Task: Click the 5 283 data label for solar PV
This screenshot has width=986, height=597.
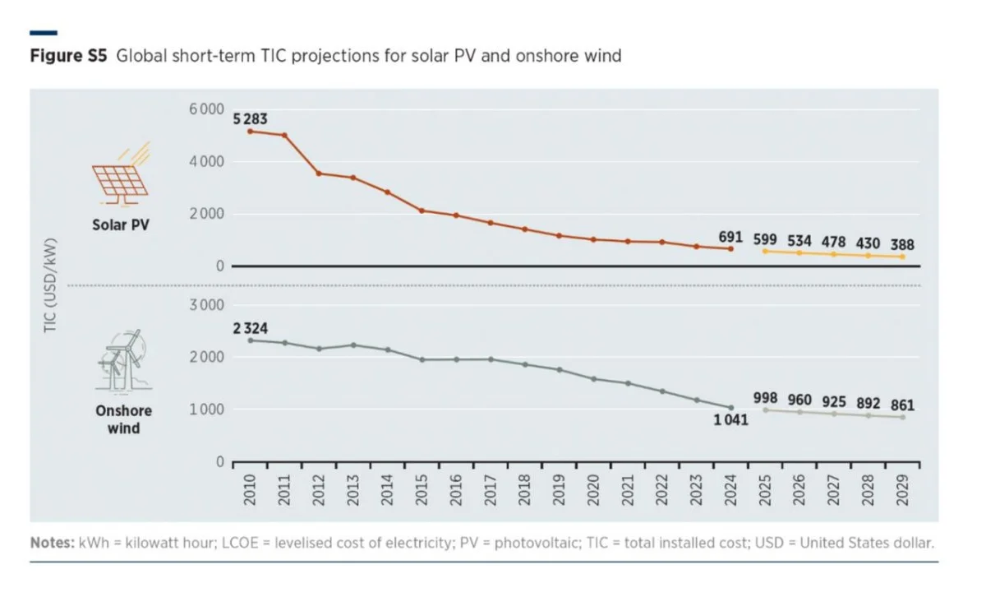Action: click(x=250, y=119)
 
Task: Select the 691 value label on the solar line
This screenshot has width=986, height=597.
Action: click(x=730, y=237)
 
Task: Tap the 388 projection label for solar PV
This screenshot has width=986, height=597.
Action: click(x=902, y=245)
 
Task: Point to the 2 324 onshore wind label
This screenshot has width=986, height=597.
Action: click(x=250, y=328)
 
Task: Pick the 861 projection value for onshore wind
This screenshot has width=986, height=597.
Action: click(x=902, y=405)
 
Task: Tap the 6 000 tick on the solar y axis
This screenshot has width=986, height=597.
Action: click(x=206, y=109)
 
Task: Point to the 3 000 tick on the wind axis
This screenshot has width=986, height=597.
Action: click(x=206, y=305)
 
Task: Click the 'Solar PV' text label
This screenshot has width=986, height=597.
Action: click(x=122, y=224)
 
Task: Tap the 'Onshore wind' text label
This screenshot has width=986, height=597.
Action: click(x=123, y=419)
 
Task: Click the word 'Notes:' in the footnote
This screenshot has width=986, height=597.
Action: click(x=53, y=544)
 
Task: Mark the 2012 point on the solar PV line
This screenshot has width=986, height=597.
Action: click(x=319, y=174)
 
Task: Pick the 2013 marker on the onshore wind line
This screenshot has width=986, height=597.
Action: click(x=353, y=345)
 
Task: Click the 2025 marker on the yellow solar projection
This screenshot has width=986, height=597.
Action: click(x=765, y=251)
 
